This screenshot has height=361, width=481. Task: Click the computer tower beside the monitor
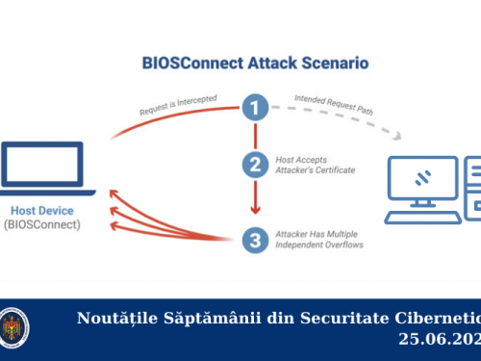[x=471, y=186]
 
